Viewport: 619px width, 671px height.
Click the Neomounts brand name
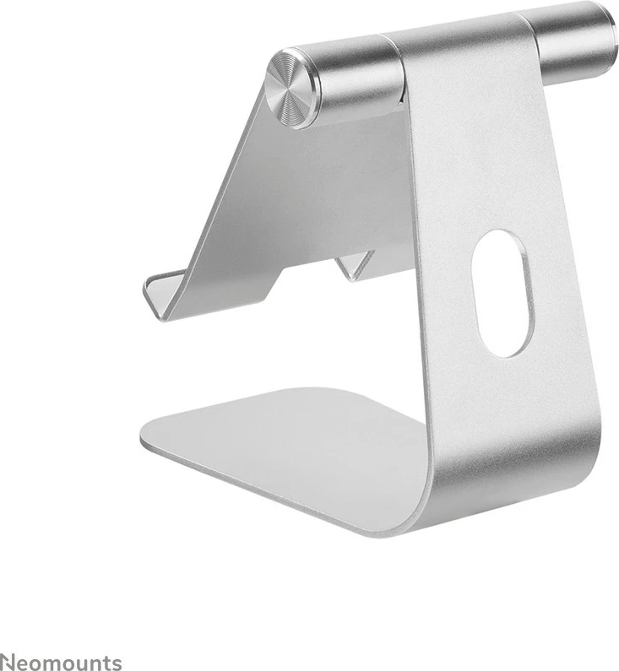click(x=60, y=662)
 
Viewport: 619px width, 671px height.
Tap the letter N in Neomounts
click(x=7, y=662)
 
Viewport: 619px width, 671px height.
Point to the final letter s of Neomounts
click(x=117, y=663)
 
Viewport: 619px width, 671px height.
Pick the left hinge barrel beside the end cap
click(x=355, y=78)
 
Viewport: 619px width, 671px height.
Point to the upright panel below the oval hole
click(x=507, y=405)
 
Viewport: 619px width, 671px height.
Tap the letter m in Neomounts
click(x=57, y=663)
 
